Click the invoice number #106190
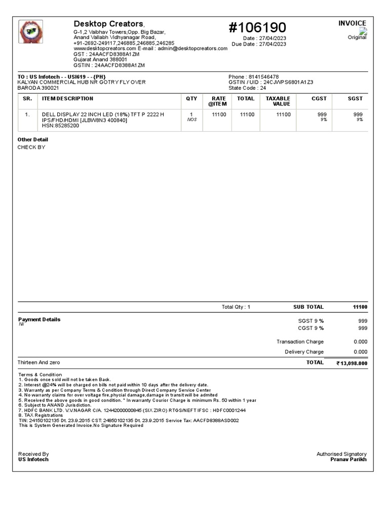tap(257, 27)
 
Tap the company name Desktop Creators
tap(109, 24)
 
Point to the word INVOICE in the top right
tap(352, 23)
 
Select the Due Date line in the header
tap(259, 44)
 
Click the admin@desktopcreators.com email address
tap(194, 49)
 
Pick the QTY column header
tap(191, 99)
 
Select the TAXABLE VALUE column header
tap(278, 101)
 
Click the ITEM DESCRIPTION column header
tap(67, 99)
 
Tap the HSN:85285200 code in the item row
tap(60, 126)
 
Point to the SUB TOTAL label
tap(308, 307)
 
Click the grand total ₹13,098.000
tap(352, 363)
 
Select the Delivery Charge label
tap(304, 352)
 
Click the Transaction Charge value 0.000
tap(360, 342)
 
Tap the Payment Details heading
tap(39, 320)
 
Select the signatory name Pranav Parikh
tap(348, 460)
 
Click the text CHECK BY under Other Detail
tap(31, 147)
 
